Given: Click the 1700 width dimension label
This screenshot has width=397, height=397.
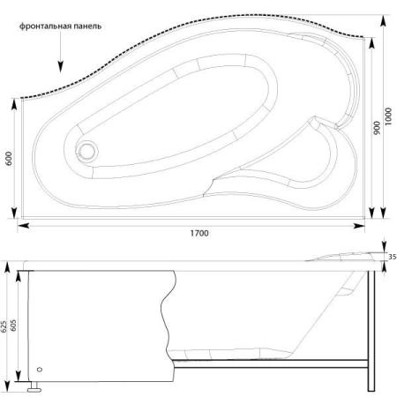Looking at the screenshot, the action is pyautogui.click(x=199, y=233).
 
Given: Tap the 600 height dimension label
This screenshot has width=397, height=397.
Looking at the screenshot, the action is pyautogui.click(x=9, y=158).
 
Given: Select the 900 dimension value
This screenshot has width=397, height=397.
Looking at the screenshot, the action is pyautogui.click(x=377, y=128).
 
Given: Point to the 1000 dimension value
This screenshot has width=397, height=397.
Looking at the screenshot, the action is pyautogui.click(x=388, y=116).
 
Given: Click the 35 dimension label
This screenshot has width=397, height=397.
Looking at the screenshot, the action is pyautogui.click(x=393, y=257).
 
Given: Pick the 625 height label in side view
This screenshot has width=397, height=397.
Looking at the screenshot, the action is pyautogui.click(x=4, y=326).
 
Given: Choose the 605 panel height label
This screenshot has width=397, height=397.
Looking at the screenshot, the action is pyautogui.click(x=13, y=326).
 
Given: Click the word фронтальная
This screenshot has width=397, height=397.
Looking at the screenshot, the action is pyautogui.click(x=45, y=26).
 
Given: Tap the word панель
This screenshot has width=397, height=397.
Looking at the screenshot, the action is pyautogui.click(x=87, y=26).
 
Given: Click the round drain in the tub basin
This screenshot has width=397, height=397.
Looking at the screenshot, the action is pyautogui.click(x=87, y=151).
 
